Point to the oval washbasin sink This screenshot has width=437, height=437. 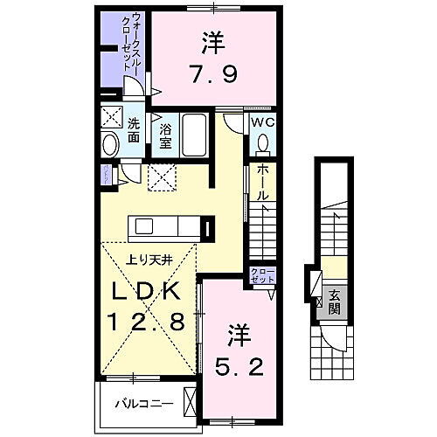point(111,144)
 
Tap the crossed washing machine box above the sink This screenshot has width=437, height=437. point(111,118)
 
